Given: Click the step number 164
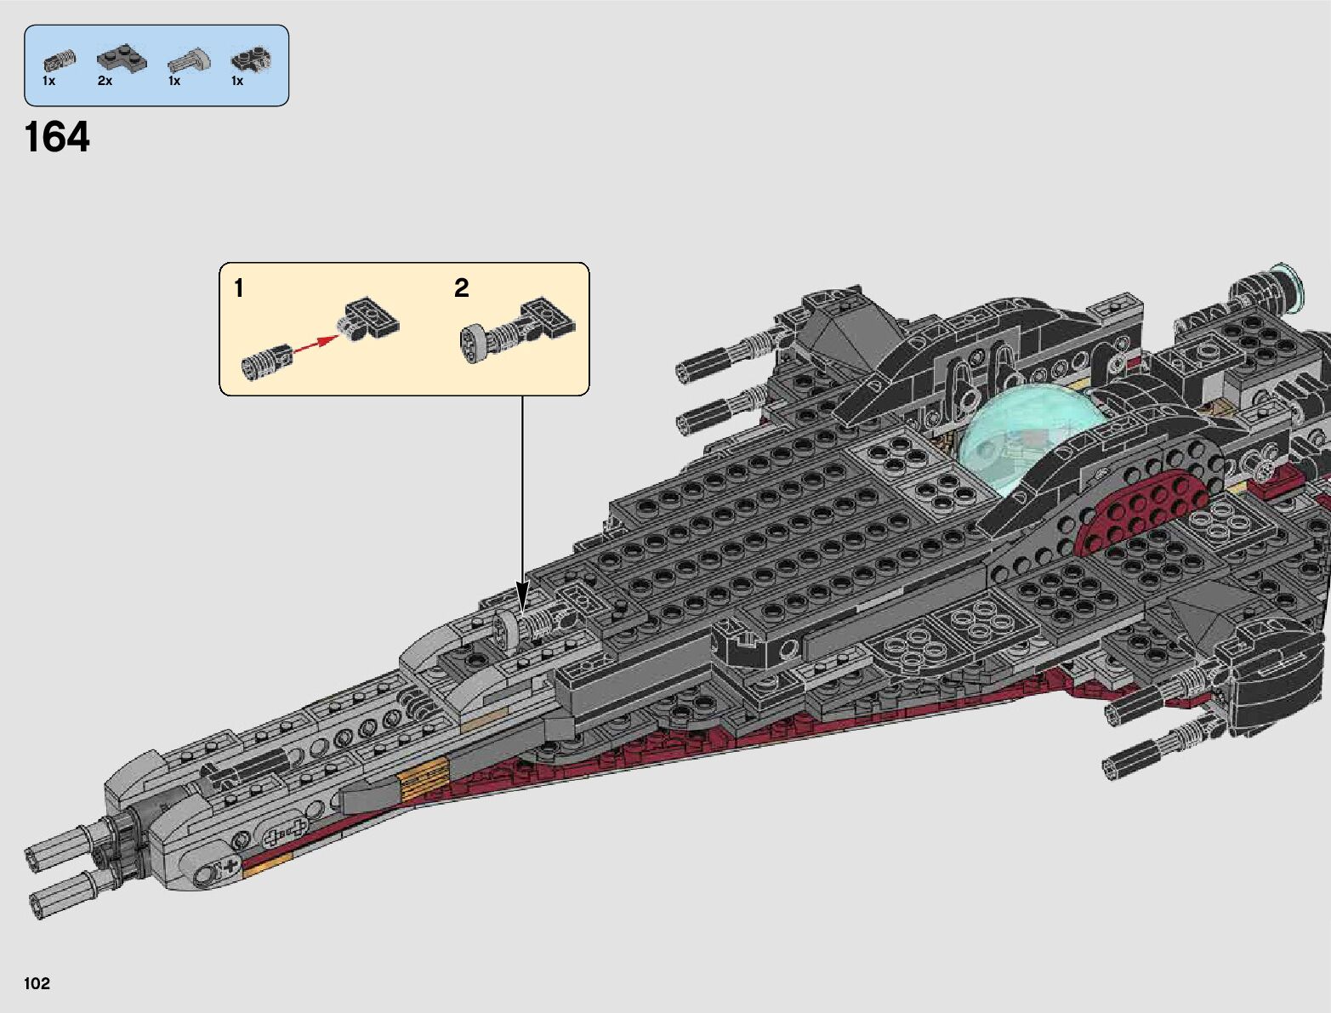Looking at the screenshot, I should click(57, 137).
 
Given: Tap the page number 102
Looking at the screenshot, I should click(37, 984).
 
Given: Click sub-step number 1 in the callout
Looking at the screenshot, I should click(239, 289).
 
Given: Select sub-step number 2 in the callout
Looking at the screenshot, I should click(461, 288).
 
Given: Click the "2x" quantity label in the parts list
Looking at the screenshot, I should click(105, 81).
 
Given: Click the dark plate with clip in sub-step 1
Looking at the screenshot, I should click(371, 319).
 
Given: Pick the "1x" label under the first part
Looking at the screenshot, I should click(48, 81).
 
